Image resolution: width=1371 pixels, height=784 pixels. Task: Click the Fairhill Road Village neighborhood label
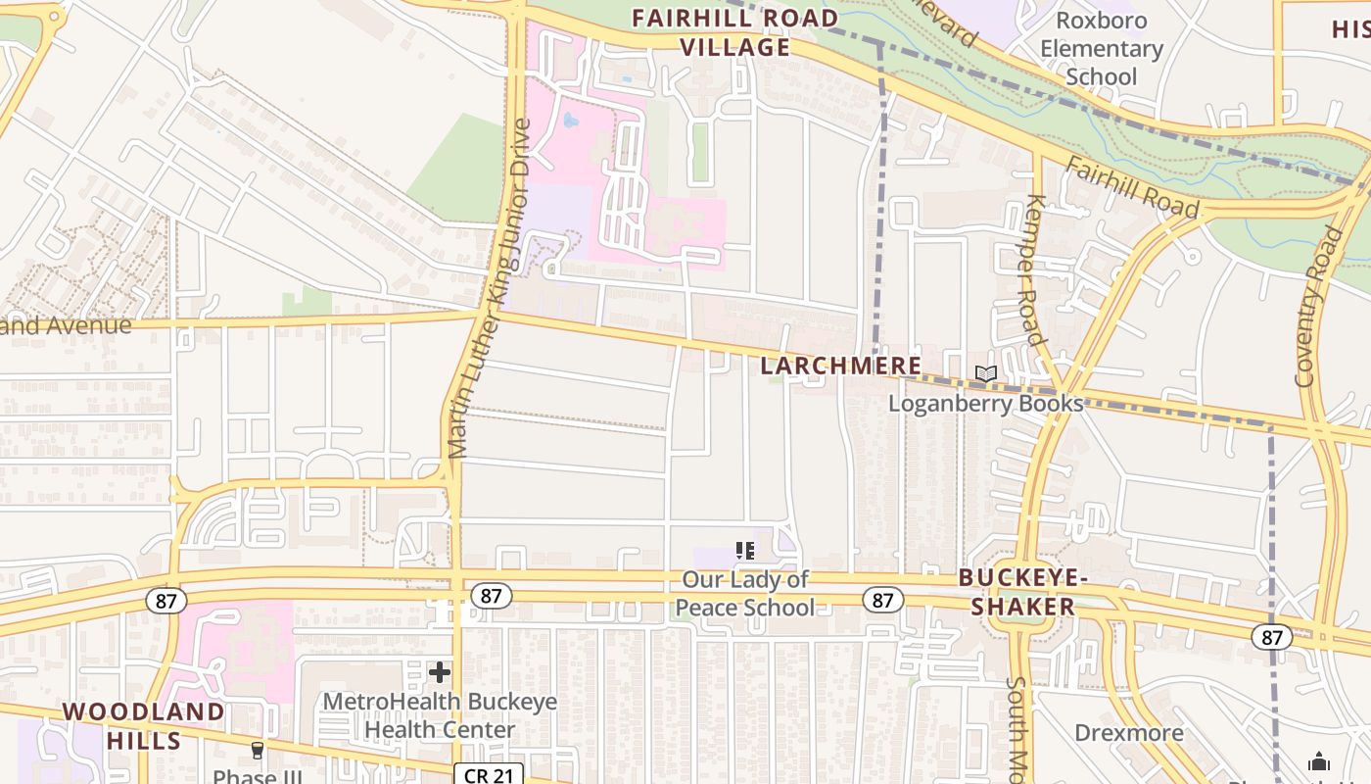pos(734,32)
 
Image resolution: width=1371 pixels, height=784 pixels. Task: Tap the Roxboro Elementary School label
pos(1102,48)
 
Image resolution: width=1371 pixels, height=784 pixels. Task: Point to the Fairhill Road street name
pos(1132,186)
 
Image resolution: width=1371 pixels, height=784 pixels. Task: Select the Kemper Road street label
pos(1034,269)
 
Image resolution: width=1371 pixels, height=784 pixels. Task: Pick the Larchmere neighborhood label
pos(841,366)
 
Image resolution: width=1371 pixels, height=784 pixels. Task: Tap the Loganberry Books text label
pos(986,403)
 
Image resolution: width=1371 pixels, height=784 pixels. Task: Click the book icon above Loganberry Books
pos(986,374)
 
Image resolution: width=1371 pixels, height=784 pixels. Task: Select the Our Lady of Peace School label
pos(745,593)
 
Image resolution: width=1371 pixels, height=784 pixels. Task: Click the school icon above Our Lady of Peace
pos(745,551)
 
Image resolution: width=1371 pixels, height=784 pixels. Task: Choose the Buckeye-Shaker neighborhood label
pos(1022,592)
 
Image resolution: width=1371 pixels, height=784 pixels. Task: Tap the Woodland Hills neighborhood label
pos(144,725)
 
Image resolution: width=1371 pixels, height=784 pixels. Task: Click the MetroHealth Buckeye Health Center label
pos(440,715)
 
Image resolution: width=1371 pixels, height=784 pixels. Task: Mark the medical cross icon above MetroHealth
pos(440,672)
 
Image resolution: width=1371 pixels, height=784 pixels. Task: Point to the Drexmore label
pos(1129,733)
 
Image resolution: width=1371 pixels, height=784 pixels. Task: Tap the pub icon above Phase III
pos(258,751)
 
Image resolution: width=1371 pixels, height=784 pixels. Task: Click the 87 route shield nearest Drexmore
pos(1272,637)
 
